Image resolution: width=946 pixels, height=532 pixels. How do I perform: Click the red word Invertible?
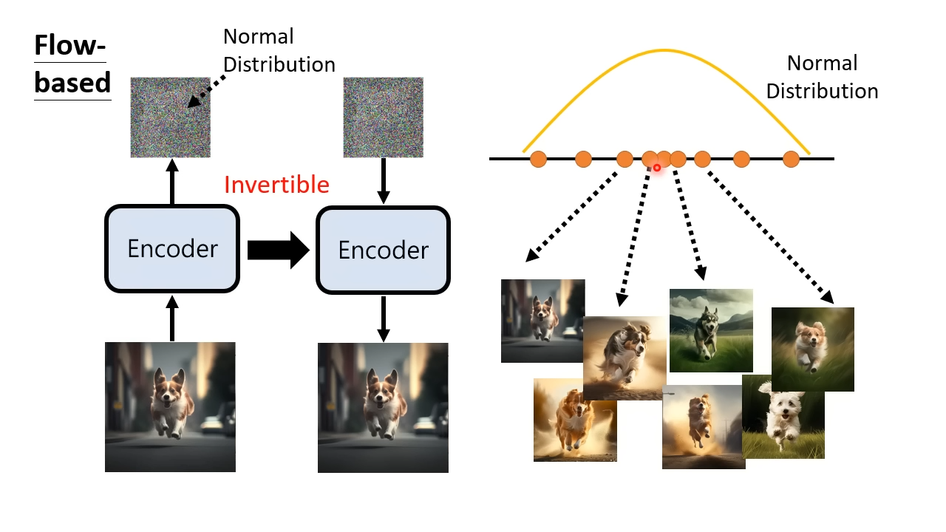276,185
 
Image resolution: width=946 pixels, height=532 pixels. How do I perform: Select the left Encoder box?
172,249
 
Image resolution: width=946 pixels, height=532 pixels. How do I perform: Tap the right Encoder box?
383,250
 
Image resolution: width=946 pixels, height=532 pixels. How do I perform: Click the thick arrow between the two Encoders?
279,250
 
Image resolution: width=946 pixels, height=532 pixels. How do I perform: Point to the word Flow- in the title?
69,45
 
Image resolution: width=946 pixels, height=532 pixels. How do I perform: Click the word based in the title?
72,82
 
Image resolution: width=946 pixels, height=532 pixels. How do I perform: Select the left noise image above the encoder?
170,117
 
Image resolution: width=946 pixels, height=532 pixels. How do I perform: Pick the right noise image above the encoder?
383,117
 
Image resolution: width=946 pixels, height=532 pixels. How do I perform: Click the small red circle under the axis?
657,168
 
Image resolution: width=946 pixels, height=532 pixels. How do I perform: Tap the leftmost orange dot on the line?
538,159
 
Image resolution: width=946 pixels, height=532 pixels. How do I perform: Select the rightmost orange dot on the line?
791,159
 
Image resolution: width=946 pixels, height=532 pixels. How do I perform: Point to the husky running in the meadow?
711,330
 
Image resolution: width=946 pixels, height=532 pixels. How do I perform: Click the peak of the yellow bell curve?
664,51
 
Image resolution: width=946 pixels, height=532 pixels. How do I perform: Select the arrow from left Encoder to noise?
172,182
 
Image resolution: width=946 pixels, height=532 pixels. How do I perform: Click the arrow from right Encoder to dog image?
383,318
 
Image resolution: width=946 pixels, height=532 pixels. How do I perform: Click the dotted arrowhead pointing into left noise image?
193,101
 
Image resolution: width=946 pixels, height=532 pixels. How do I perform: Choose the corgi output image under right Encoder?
383,407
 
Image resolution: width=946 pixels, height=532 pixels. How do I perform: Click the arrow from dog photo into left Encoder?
172,318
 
